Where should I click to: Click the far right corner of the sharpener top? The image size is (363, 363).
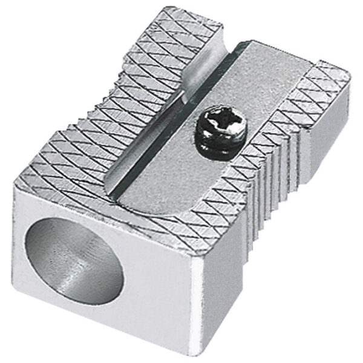(x=350, y=79)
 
